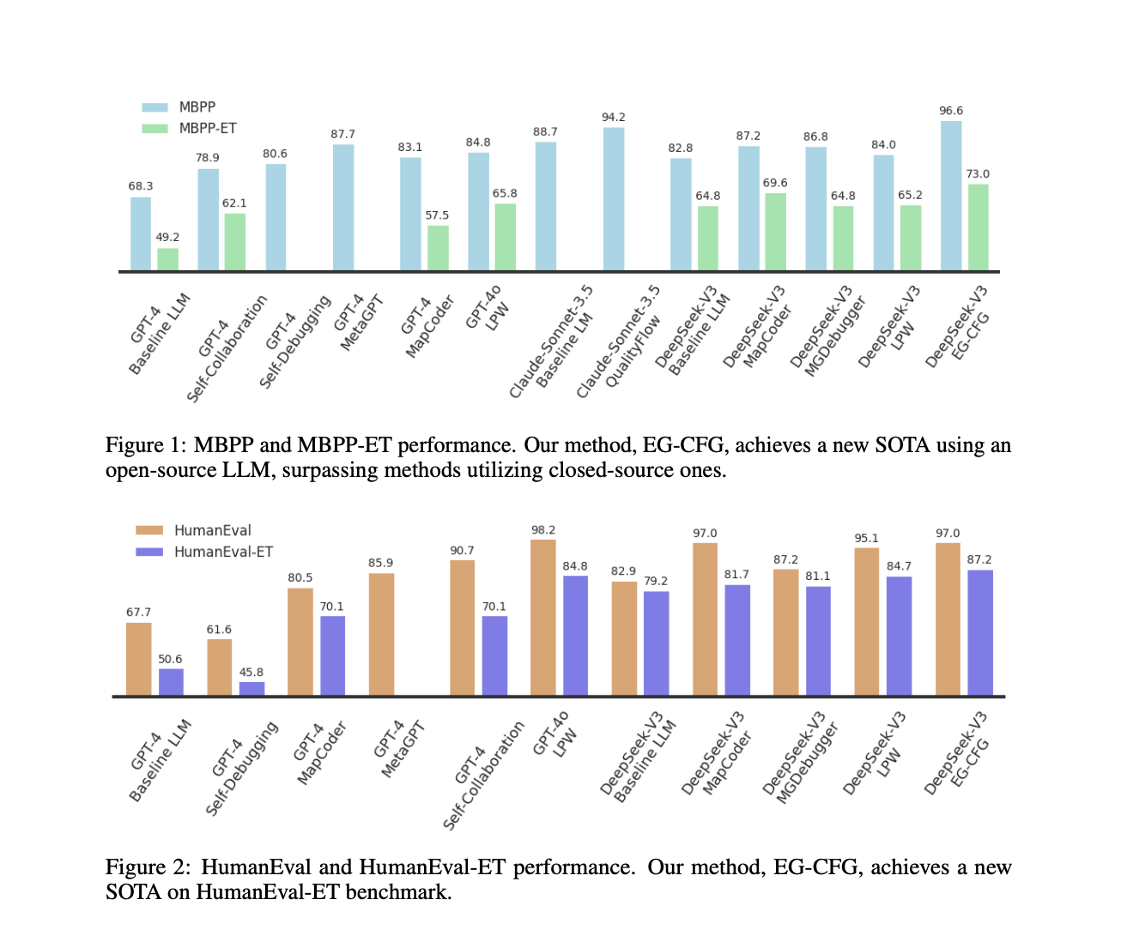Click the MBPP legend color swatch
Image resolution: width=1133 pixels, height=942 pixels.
click(154, 107)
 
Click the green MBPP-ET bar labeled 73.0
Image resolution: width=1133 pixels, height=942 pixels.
click(978, 227)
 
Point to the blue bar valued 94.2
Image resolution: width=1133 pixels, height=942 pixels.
click(614, 199)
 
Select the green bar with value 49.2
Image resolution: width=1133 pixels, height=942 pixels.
click(168, 259)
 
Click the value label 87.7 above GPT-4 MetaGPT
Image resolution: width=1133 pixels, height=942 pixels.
click(342, 134)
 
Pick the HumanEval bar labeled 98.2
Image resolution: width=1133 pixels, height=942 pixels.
click(543, 617)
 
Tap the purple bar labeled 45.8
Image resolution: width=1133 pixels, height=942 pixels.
click(251, 688)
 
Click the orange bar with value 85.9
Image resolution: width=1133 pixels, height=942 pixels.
click(381, 634)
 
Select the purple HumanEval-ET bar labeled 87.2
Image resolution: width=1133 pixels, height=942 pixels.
click(980, 632)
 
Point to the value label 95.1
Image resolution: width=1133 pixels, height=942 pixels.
click(866, 538)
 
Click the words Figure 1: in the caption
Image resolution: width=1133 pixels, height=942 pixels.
click(145, 445)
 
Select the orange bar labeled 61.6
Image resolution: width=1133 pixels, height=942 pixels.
click(219, 667)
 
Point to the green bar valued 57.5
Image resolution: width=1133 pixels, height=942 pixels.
click(438, 248)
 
